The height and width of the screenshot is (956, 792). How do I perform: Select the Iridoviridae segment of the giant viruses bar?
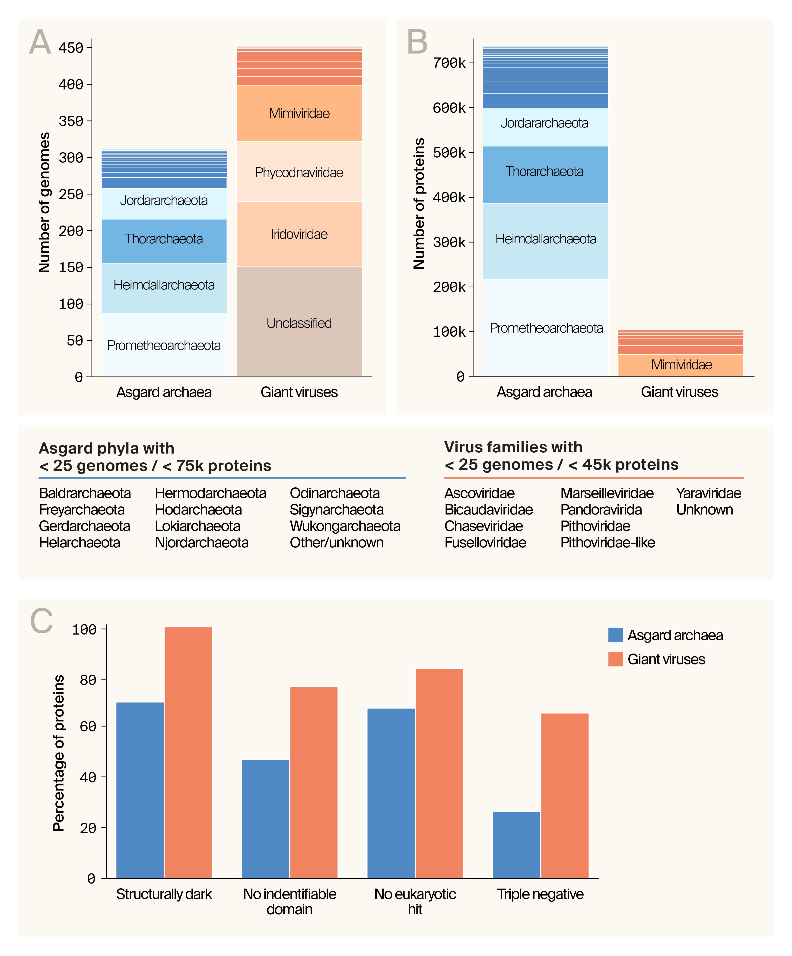299,234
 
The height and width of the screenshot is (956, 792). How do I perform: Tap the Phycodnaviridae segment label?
299,172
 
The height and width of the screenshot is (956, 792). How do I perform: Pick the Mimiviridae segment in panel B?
681,365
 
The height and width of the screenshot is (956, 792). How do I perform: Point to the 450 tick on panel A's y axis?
71,48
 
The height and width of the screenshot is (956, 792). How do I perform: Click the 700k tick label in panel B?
449,63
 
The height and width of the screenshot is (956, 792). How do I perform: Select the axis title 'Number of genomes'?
44,203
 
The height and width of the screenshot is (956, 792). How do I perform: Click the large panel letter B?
417,42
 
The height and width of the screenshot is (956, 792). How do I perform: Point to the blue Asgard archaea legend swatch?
615,635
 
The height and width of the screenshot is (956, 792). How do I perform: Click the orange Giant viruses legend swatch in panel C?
615,659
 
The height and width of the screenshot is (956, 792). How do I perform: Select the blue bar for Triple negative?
517,846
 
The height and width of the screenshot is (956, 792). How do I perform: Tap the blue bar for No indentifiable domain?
265,819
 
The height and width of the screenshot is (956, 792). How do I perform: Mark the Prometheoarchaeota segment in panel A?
164,345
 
